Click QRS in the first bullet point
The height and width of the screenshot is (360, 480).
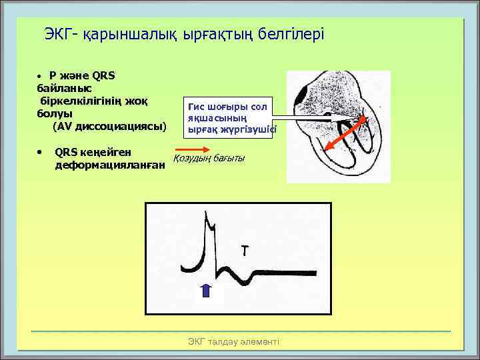pyautogui.click(x=104, y=75)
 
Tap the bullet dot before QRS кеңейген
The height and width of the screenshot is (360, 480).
pyautogui.click(x=41, y=151)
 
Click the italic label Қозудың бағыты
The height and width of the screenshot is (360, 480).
pyautogui.click(x=209, y=158)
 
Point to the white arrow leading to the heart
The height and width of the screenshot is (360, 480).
pyautogui.click(x=313, y=119)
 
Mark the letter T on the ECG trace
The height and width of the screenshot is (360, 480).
pyautogui.click(x=246, y=251)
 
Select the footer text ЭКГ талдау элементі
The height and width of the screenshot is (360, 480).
pyautogui.click(x=234, y=341)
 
